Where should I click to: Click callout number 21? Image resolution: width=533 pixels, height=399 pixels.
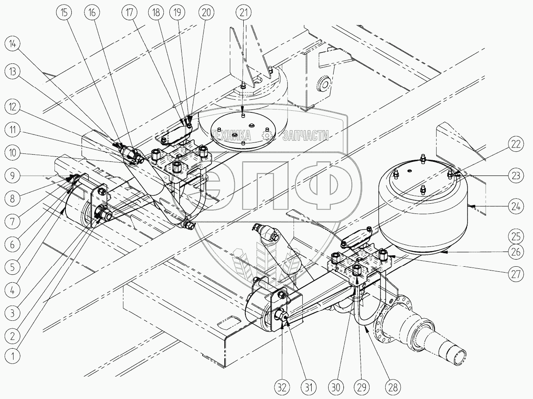pos(242,12)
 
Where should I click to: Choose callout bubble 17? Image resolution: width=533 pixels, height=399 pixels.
pos(129,12)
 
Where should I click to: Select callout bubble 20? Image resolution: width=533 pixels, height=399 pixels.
pos(206,12)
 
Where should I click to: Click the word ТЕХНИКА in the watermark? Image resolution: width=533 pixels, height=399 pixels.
pos(233,135)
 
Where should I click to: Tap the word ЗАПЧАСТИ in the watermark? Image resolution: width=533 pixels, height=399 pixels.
pos(306,135)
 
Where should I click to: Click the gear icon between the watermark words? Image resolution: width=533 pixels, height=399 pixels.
pos(267,135)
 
